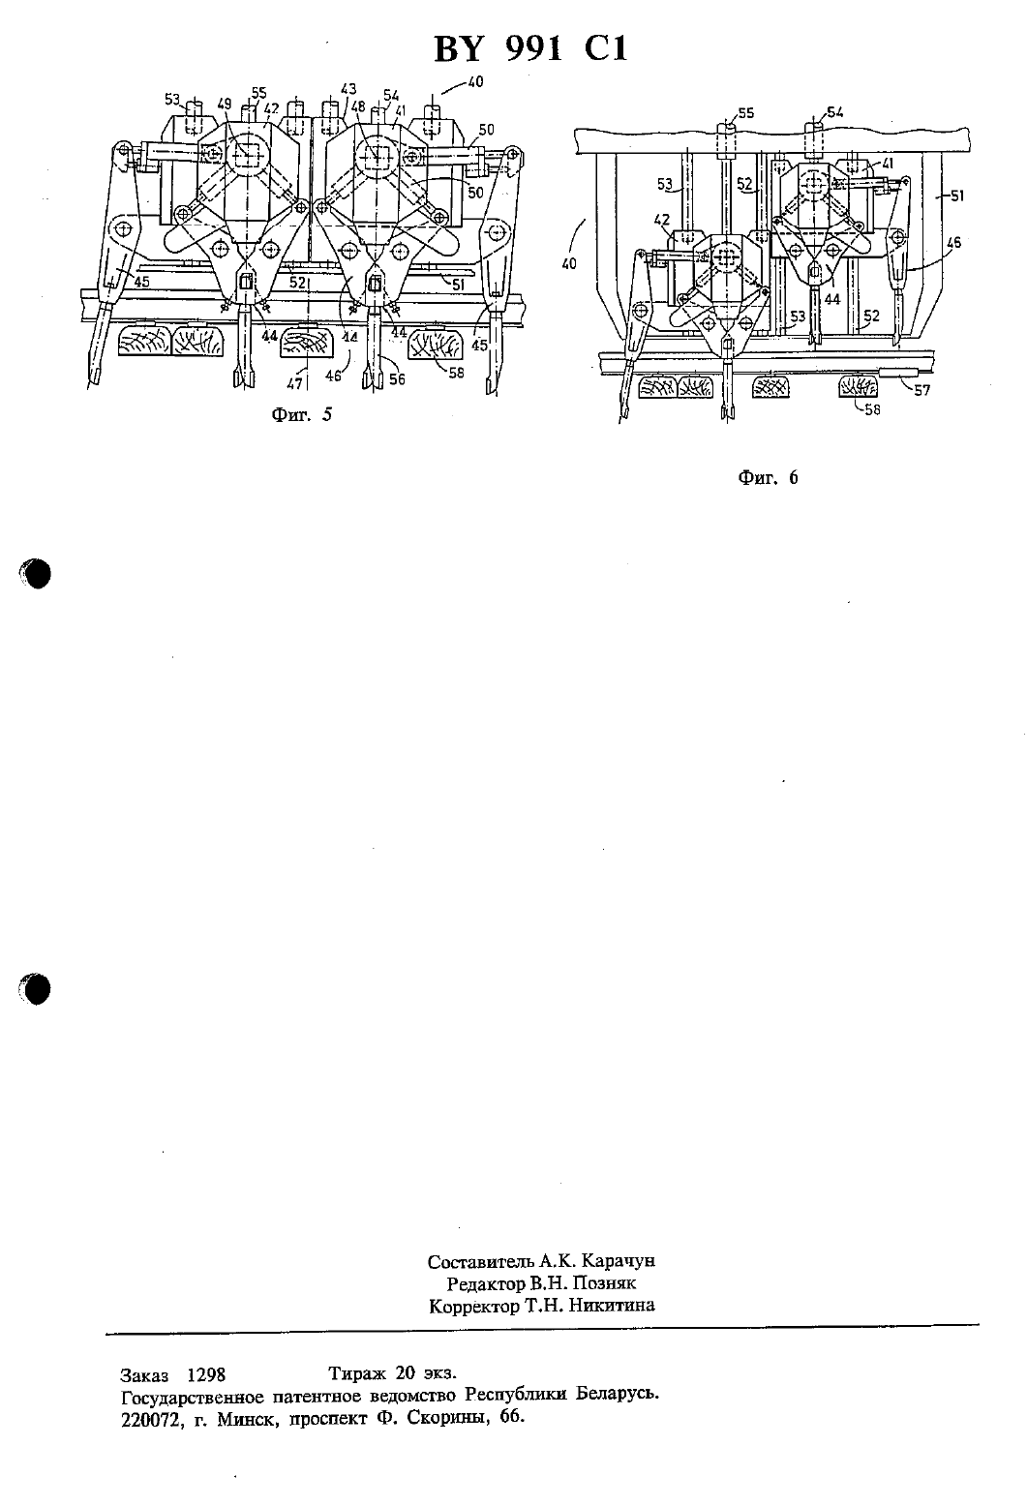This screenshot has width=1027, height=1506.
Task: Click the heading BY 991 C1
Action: click(530, 49)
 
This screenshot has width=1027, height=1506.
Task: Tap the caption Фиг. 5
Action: click(301, 414)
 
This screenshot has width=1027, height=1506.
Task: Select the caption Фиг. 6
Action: click(768, 477)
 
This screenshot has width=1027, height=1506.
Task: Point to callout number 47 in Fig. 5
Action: click(293, 384)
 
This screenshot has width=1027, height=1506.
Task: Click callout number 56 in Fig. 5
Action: click(398, 379)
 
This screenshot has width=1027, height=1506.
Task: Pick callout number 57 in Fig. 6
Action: click(921, 389)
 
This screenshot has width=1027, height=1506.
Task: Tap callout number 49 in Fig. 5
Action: click(225, 104)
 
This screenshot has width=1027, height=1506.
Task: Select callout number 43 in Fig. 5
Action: click(348, 89)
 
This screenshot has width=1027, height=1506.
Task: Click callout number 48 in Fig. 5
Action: click(358, 106)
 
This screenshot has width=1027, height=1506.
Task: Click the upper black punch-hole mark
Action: click(36, 574)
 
